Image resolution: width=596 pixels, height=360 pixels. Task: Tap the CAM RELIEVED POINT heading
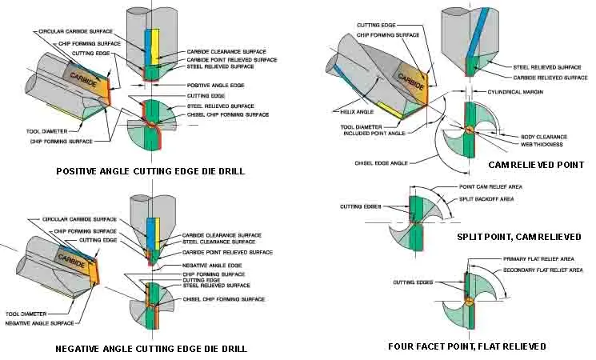[x=535, y=165]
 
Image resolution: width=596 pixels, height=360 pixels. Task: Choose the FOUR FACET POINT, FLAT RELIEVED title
[x=467, y=346]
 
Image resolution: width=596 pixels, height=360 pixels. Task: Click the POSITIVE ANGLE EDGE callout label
[x=217, y=86]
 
